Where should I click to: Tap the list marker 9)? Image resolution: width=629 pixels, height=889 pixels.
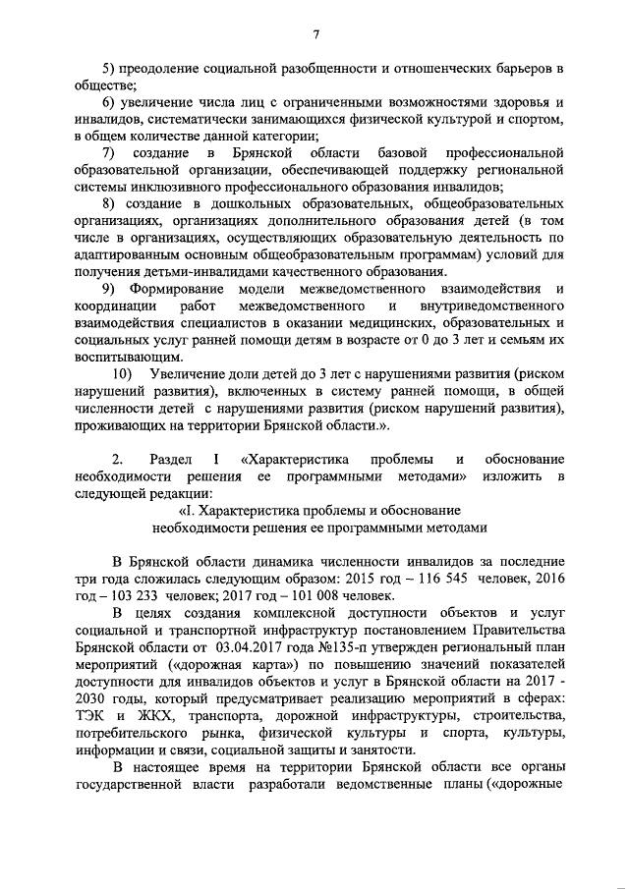click(111, 288)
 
